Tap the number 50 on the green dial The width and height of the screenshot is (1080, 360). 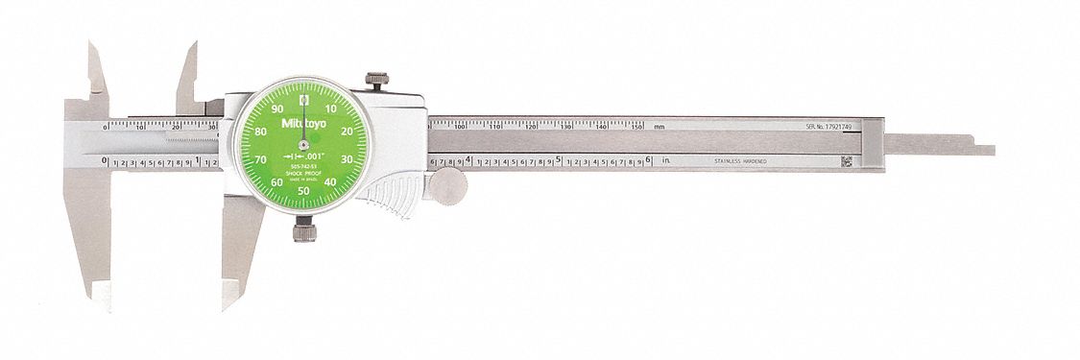click(x=304, y=190)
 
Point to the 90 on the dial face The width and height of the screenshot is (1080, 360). click(x=278, y=109)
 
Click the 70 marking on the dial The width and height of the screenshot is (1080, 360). click(x=262, y=158)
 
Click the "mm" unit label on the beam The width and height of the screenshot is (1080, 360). click(x=659, y=127)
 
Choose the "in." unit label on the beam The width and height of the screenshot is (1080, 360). click(x=664, y=162)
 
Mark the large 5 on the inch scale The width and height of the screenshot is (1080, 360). click(x=559, y=160)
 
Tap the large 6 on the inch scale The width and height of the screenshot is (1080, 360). click(x=650, y=160)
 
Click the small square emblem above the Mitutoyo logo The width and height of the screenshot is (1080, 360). click(x=304, y=99)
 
